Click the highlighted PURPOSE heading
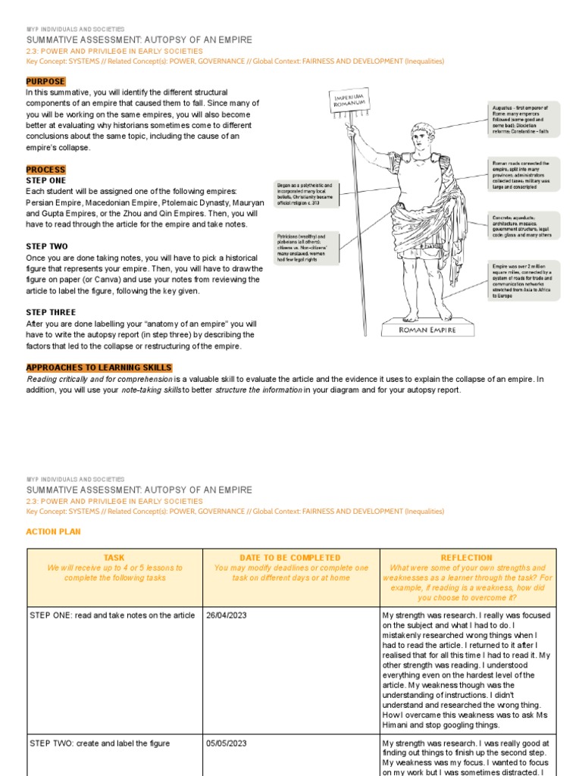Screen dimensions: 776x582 point(45,82)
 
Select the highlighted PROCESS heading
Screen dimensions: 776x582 point(45,170)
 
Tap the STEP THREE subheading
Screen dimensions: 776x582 point(51,312)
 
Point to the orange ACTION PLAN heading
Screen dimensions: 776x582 point(53,532)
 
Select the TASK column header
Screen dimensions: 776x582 point(114,557)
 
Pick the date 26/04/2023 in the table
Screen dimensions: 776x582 point(227,615)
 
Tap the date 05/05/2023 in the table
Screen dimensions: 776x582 point(227,743)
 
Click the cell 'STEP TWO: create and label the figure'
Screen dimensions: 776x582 point(99,743)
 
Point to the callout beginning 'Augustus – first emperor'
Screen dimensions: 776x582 point(524,120)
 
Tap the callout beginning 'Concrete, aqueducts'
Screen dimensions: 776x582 point(524,227)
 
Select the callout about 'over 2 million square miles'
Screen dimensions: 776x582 point(524,281)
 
